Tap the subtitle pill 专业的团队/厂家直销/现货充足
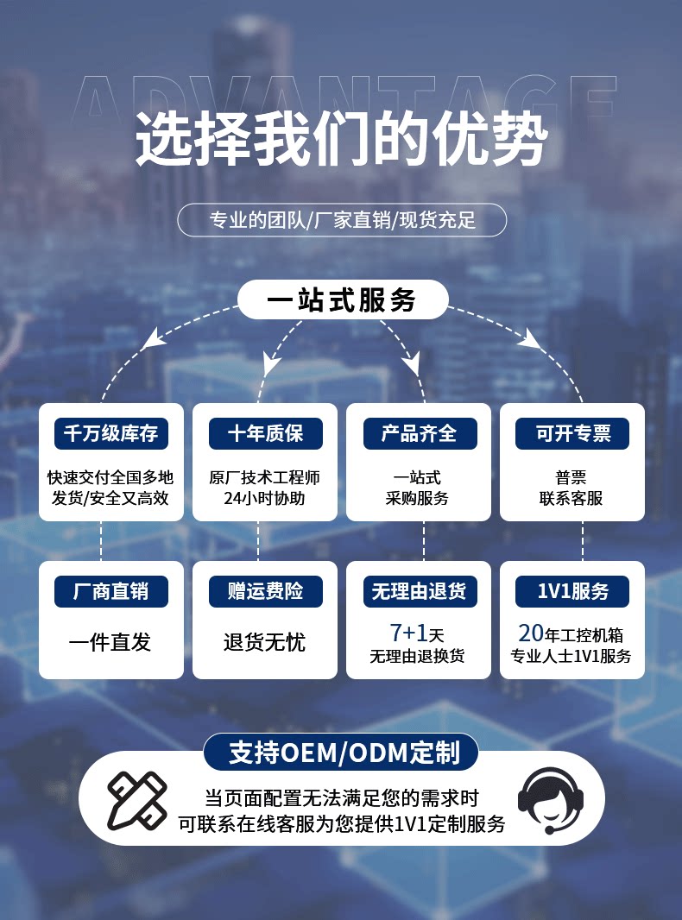[342, 220]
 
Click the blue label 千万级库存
[111, 433]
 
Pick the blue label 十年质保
[265, 433]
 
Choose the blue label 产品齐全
[419, 433]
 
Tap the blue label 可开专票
[572, 433]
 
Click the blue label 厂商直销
[111, 591]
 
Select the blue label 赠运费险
[265, 591]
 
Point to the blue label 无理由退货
[419, 591]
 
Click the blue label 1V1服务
[572, 591]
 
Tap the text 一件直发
[110, 642]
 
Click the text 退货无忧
[264, 642]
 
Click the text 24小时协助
[264, 498]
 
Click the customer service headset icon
[550, 800]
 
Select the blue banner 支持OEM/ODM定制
[341, 753]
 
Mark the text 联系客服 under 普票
[571, 498]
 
